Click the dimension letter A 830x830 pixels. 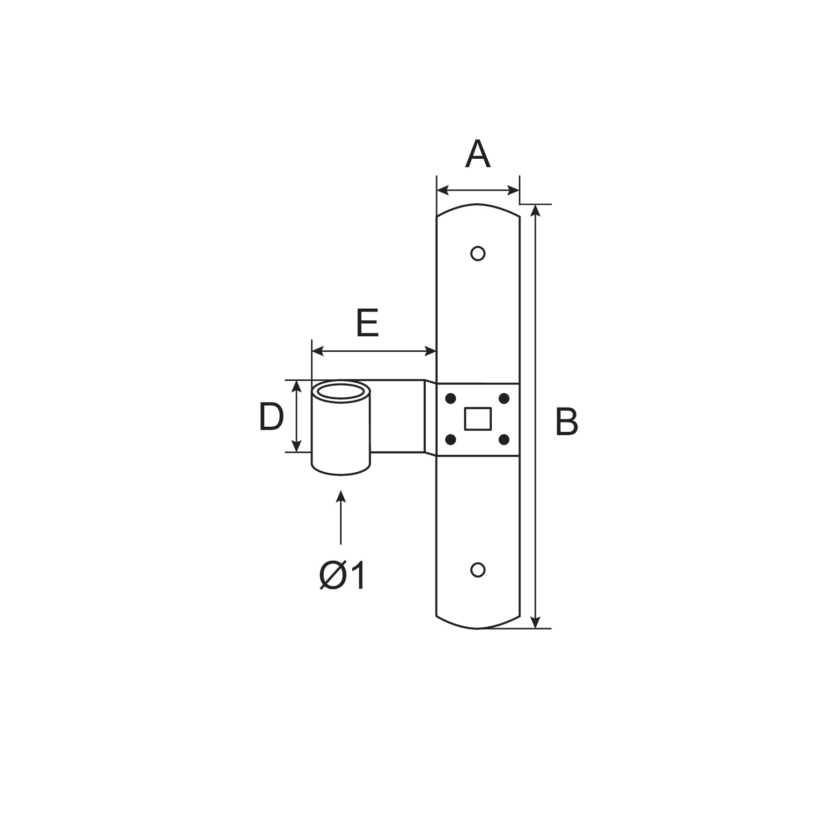tap(477, 154)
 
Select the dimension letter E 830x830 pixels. tap(367, 323)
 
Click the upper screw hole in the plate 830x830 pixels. tap(477, 253)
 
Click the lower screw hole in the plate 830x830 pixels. tap(477, 570)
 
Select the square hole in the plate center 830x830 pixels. tap(477, 419)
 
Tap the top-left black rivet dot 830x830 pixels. tap(451, 399)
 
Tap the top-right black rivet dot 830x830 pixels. tap(504, 399)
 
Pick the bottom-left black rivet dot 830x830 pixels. tap(451, 439)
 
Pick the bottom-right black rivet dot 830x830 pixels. tap(504, 439)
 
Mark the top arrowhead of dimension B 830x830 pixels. tap(536, 210)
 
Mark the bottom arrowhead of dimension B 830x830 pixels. tap(536, 622)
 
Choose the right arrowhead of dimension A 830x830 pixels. tap(513, 190)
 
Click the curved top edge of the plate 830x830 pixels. tap(477, 204)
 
